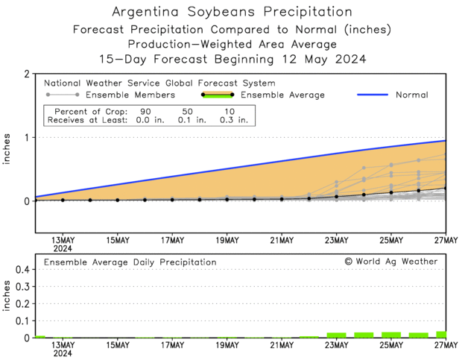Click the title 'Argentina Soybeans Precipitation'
(231, 12)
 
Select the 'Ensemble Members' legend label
(130, 95)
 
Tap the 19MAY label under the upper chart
(227, 240)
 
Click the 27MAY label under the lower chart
(446, 346)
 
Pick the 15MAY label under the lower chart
(117, 346)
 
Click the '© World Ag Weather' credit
(390, 262)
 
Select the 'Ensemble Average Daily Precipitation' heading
(130, 262)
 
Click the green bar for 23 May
(337, 335)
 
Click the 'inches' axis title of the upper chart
(7, 154)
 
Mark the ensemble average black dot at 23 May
(337, 196)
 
